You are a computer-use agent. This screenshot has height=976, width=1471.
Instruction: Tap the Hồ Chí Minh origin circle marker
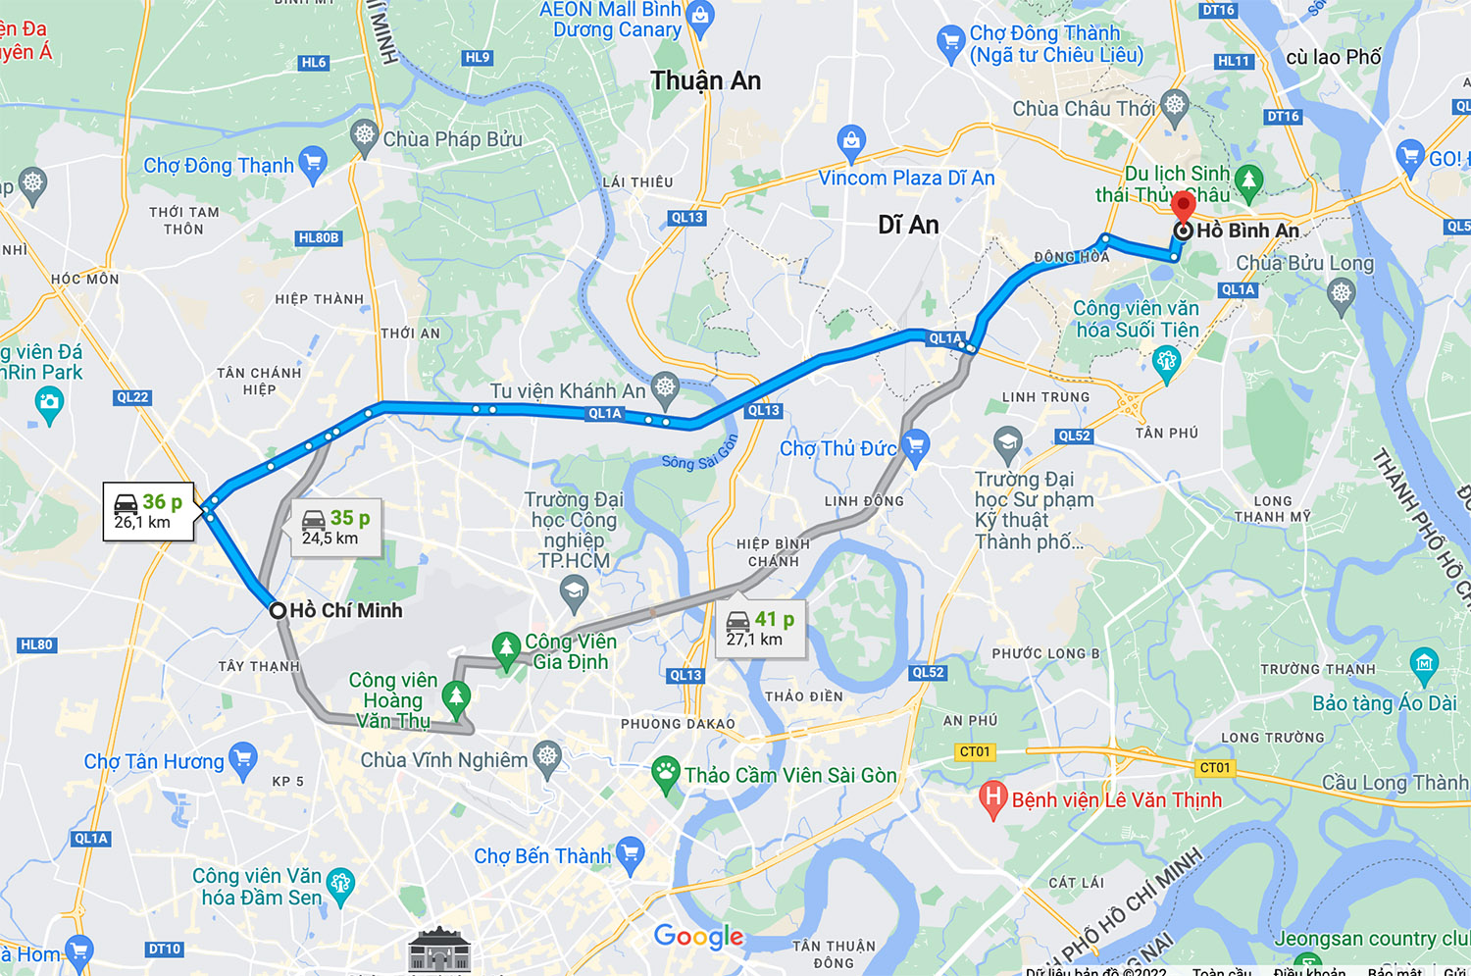click(278, 610)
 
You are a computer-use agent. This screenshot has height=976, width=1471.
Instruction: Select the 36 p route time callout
click(149, 511)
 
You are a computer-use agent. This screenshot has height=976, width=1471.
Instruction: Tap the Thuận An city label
click(705, 80)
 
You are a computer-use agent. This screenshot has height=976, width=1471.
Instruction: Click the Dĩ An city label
click(908, 225)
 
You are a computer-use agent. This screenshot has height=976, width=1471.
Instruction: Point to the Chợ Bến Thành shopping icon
click(630, 855)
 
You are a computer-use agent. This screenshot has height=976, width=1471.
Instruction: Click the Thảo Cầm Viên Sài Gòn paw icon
click(666, 774)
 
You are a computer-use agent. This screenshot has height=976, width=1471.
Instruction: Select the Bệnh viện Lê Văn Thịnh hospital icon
click(993, 798)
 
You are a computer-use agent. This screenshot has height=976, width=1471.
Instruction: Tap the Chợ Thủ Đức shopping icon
click(915, 446)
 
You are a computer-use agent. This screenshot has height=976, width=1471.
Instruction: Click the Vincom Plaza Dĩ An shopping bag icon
click(851, 142)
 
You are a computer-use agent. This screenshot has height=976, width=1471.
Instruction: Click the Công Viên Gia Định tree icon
click(506, 647)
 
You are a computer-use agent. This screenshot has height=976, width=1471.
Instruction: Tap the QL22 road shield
click(132, 397)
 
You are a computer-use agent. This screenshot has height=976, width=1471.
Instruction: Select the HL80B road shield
click(319, 238)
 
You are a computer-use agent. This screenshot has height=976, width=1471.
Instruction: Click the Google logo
click(698, 937)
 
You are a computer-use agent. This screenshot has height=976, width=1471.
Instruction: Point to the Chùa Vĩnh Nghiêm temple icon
click(547, 757)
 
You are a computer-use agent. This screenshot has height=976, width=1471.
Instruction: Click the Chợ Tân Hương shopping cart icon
click(242, 759)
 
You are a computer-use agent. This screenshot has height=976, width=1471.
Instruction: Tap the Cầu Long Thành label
click(1394, 782)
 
